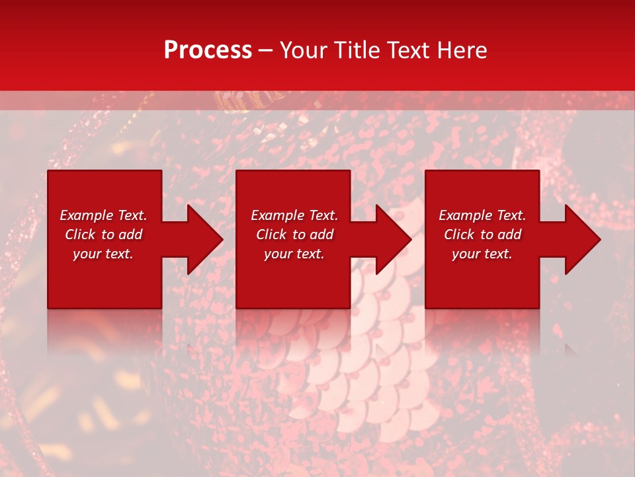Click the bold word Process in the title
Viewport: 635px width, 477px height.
click(208, 50)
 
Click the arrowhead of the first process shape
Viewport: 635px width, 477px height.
click(204, 239)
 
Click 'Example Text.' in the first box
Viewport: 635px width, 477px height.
click(103, 215)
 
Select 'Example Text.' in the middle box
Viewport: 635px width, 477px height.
click(294, 215)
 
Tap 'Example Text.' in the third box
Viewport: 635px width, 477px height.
click(482, 215)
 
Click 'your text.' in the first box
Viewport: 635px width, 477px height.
click(103, 254)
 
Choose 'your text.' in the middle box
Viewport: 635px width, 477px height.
click(294, 254)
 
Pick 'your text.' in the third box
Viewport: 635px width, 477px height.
click(482, 254)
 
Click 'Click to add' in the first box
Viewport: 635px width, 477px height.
click(103, 235)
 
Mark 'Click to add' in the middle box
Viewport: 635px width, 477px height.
click(294, 235)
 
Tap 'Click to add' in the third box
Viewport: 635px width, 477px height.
click(482, 235)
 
